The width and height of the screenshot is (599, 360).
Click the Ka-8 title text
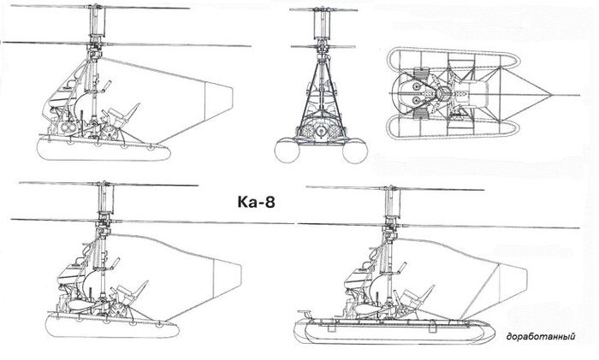(x=256, y=203)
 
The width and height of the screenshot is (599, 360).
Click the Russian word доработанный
(x=540, y=337)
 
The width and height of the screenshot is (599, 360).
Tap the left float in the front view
(x=287, y=150)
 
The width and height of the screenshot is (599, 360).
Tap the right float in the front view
(x=355, y=150)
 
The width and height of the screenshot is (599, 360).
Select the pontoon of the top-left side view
(x=104, y=150)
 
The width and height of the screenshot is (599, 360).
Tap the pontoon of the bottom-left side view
(x=112, y=326)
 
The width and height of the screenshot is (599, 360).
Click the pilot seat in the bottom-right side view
(x=418, y=297)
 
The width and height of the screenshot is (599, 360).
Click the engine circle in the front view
(x=321, y=132)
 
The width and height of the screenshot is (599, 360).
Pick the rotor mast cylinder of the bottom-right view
(x=392, y=202)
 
